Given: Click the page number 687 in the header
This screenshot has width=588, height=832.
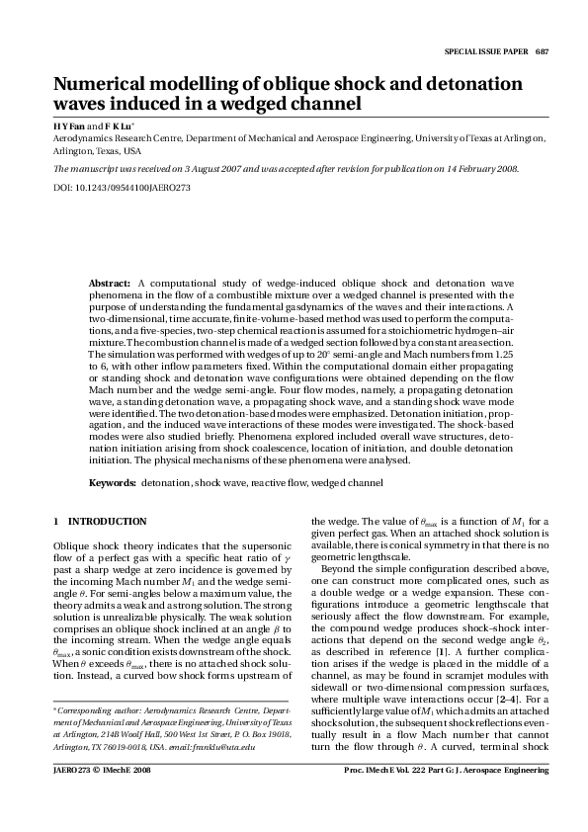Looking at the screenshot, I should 542,51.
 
